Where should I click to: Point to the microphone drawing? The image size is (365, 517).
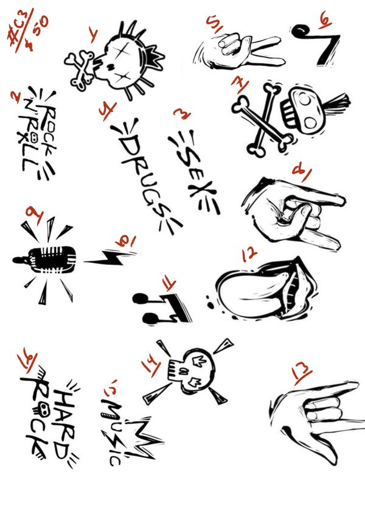click(46, 260)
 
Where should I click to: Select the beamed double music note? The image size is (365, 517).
click(161, 308)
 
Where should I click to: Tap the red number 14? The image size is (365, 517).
click(151, 364)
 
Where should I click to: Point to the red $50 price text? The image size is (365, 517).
click(37, 33)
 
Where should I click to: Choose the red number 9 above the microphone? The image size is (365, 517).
click(35, 215)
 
